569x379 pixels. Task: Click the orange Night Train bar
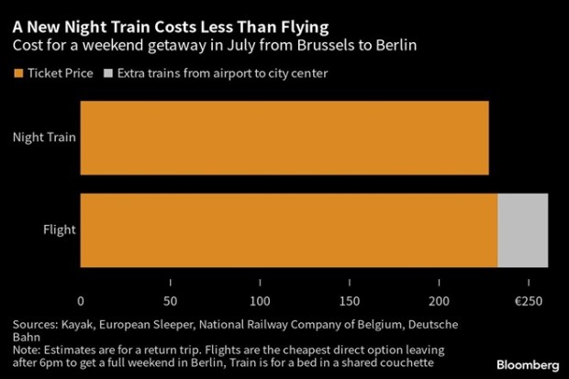[x=284, y=138]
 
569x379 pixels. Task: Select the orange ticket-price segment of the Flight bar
[x=289, y=229]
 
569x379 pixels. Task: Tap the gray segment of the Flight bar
[x=522, y=229]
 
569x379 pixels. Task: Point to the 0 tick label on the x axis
[x=81, y=301]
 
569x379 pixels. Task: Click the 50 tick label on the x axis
[x=171, y=301]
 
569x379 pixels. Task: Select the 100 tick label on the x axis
[x=261, y=301]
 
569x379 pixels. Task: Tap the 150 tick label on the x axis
[x=351, y=301]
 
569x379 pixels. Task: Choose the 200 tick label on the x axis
[x=441, y=301]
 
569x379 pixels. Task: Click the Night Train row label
[x=43, y=138]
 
